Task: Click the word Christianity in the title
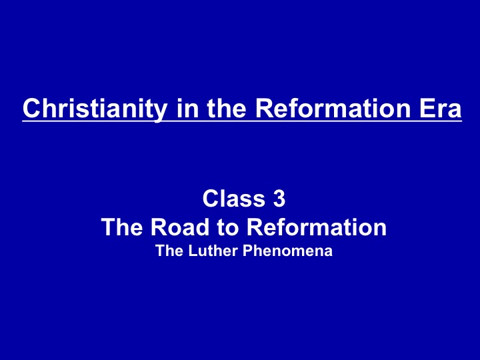point(95,109)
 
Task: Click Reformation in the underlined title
point(333,108)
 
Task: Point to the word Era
point(440,108)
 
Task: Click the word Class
point(233,199)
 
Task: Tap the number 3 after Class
point(279,199)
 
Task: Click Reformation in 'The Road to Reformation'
point(317,227)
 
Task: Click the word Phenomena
point(288,251)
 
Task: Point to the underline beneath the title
point(242,121)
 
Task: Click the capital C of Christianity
point(31,108)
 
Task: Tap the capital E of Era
point(427,108)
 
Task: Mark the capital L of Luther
point(193,251)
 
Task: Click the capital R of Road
point(159,227)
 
